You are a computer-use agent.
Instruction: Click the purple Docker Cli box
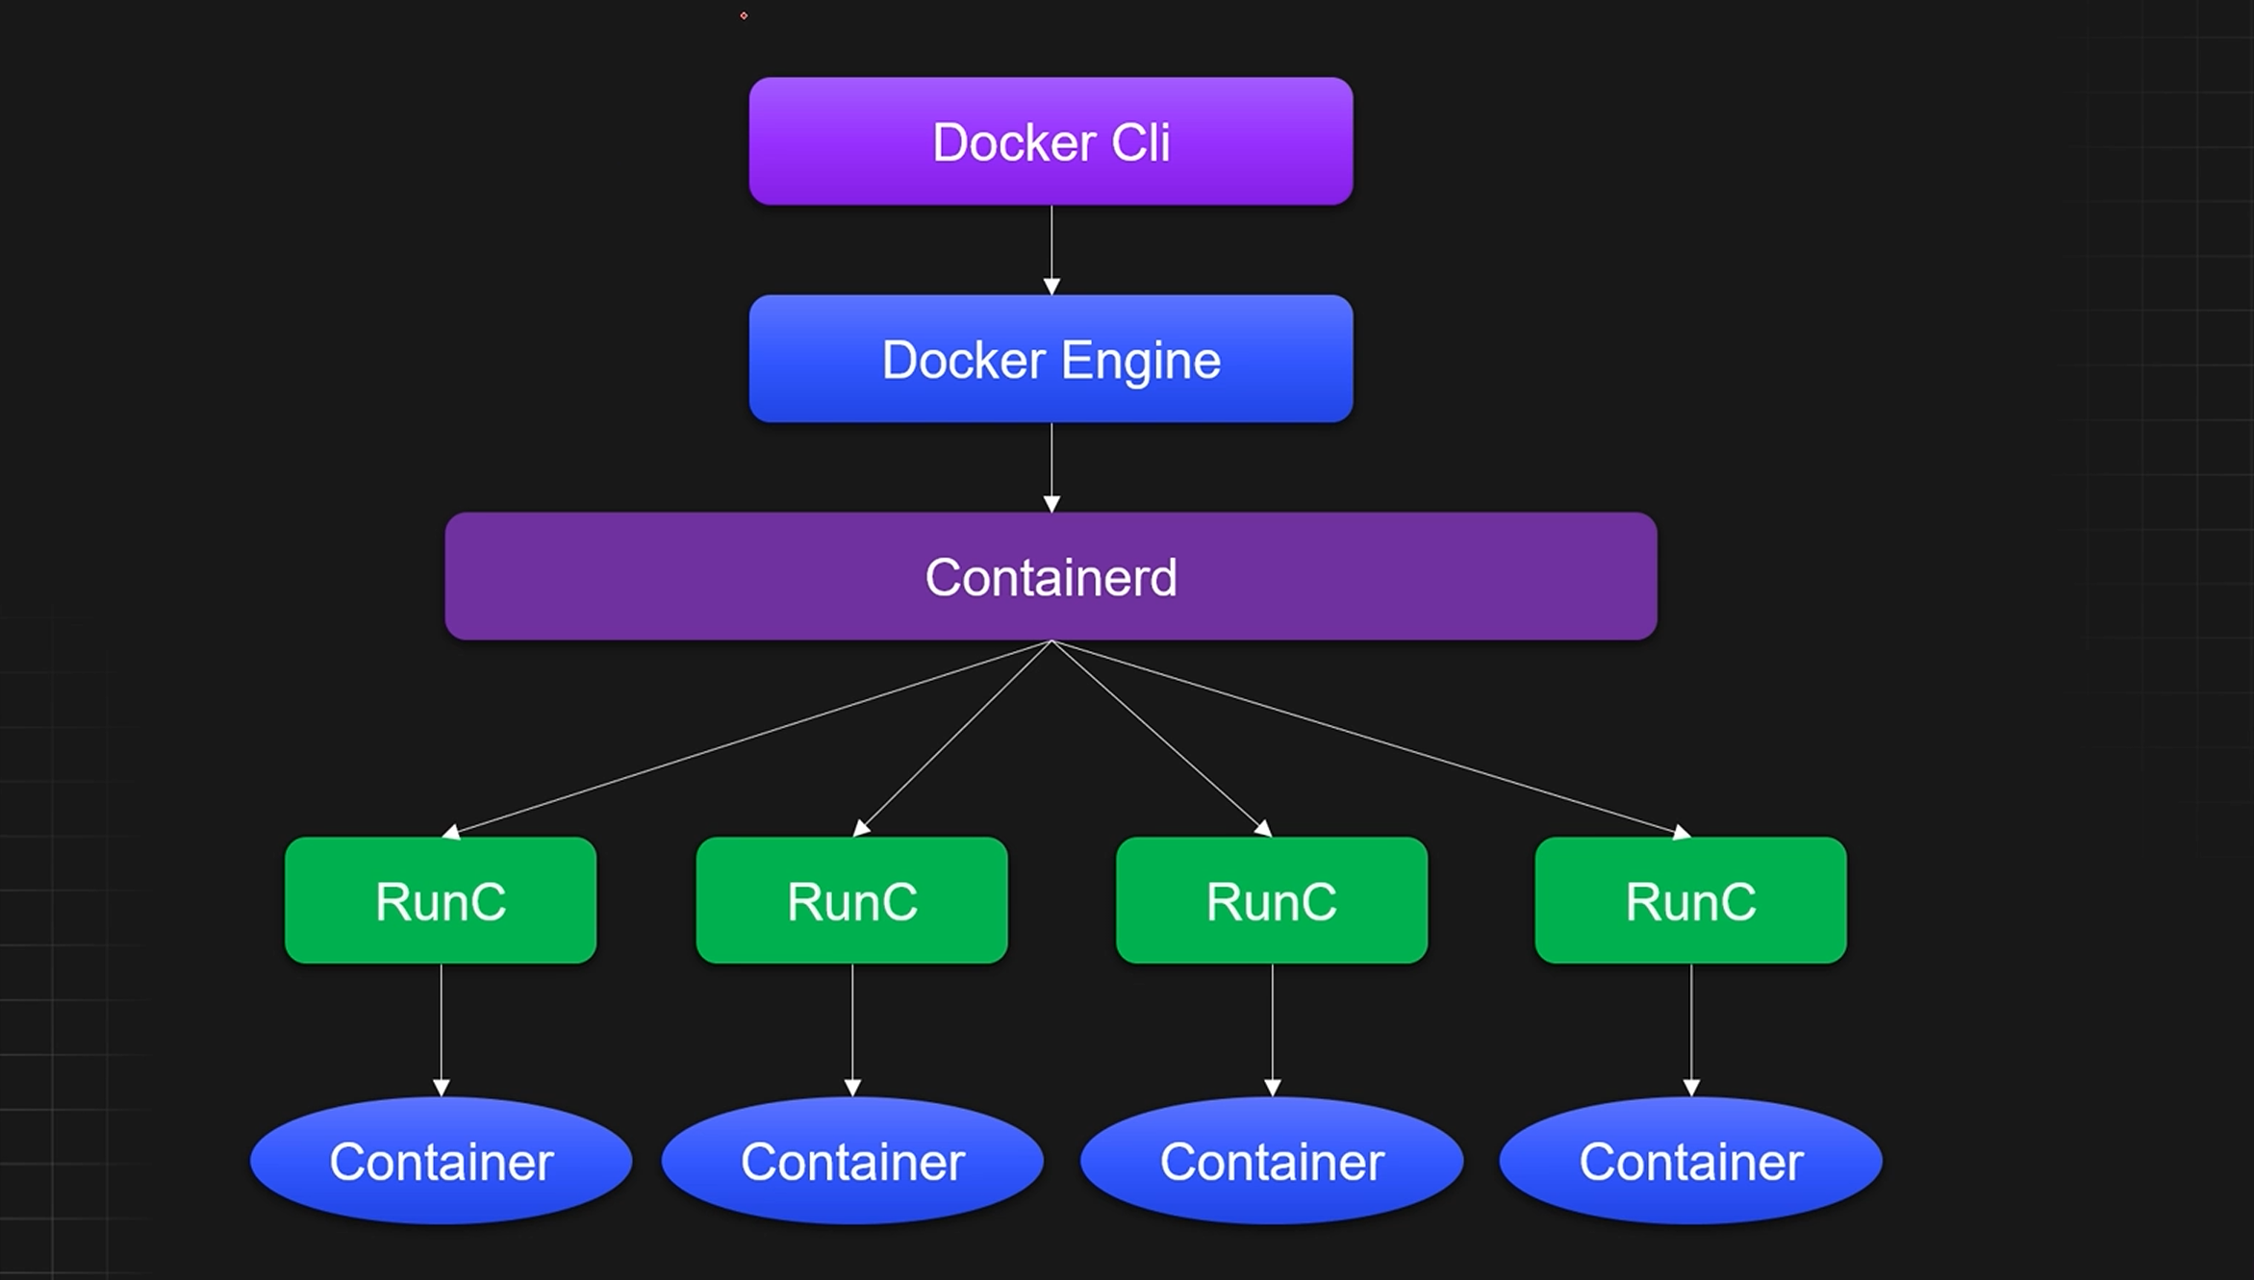pyautogui.click(x=1051, y=141)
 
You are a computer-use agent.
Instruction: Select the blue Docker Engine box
pyautogui.click(x=1051, y=359)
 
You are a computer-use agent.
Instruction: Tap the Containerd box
pyautogui.click(x=1051, y=576)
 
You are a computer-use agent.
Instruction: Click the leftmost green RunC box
pyautogui.click(x=441, y=900)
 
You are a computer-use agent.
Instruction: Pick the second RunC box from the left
pyautogui.click(x=851, y=900)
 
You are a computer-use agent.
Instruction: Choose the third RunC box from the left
pyautogui.click(x=1271, y=900)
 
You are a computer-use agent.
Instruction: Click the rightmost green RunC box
pyautogui.click(x=1690, y=900)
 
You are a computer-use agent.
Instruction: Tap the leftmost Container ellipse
pyautogui.click(x=441, y=1161)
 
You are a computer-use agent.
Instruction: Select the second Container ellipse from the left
pyautogui.click(x=851, y=1161)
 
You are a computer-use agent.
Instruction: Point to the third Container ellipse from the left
pyautogui.click(x=1271, y=1161)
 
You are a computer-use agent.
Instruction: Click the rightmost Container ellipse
pyautogui.click(x=1690, y=1161)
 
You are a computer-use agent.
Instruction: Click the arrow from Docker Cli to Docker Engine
pyautogui.click(x=1051, y=249)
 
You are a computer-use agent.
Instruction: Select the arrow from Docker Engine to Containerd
pyautogui.click(x=1051, y=466)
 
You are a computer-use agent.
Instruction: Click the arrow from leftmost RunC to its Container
pyautogui.click(x=442, y=1029)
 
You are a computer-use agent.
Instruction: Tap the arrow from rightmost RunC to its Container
pyautogui.click(x=1691, y=1029)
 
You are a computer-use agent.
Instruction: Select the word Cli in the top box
pyautogui.click(x=1141, y=142)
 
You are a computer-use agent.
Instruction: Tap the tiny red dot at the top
pyautogui.click(x=744, y=15)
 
